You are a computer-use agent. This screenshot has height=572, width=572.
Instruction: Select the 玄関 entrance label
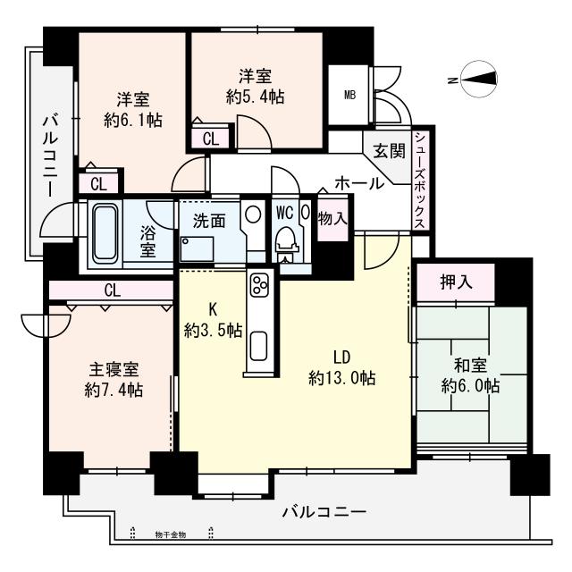pyautogui.click(x=388, y=151)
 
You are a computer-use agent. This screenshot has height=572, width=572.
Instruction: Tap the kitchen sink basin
pyautogui.click(x=260, y=345)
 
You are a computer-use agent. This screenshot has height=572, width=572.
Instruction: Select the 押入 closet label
pyautogui.click(x=456, y=283)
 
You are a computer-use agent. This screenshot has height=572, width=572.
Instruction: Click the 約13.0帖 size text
pyautogui.click(x=341, y=377)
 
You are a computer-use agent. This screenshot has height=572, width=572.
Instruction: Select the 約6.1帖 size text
pyautogui.click(x=133, y=119)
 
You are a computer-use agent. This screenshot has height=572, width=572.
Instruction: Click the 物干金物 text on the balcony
pyautogui.click(x=170, y=534)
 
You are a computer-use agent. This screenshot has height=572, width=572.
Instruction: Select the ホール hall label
pyautogui.click(x=359, y=182)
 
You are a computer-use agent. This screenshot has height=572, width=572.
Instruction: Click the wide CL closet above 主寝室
pyautogui.click(x=112, y=290)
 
